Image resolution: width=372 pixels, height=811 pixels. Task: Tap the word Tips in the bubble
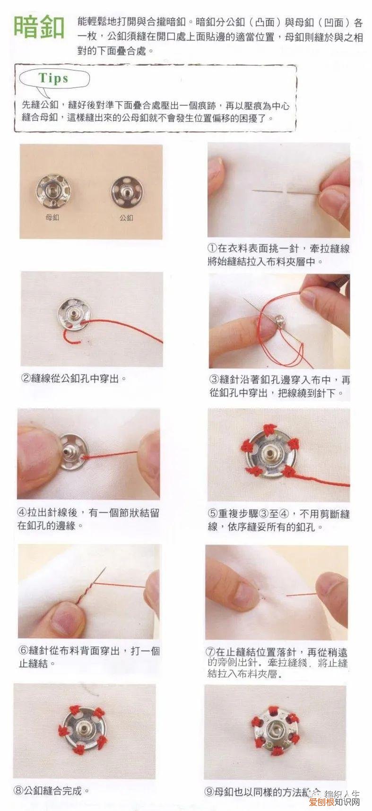tap(53, 78)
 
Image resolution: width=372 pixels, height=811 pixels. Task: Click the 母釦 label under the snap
tap(52, 217)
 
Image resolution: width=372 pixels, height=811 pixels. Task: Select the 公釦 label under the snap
tap(126, 217)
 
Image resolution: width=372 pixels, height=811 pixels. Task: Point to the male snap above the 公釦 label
tap(126, 190)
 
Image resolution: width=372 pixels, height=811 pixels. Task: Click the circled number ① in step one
tap(213, 249)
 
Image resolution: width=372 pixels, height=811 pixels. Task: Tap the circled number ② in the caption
tap(26, 379)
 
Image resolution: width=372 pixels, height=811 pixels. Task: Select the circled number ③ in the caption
tap(214, 380)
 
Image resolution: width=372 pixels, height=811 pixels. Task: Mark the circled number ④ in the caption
tap(22, 513)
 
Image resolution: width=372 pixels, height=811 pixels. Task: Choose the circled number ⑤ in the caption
tap(213, 514)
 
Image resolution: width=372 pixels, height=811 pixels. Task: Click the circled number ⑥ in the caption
tap(23, 651)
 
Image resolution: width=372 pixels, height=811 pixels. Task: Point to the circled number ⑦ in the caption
tap(211, 652)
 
